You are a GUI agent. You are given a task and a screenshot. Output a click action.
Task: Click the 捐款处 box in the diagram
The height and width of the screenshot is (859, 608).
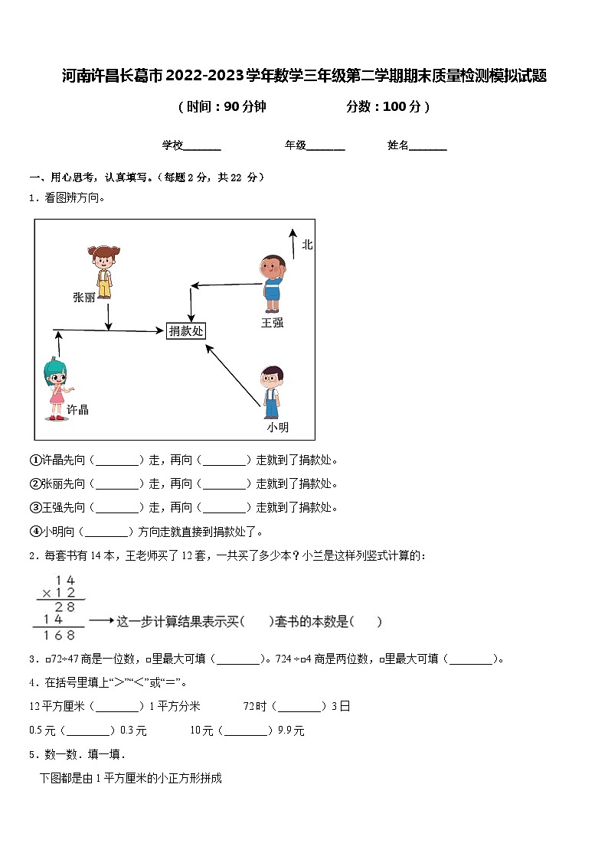point(186,330)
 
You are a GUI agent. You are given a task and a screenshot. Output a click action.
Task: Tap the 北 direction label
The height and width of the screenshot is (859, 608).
point(307,245)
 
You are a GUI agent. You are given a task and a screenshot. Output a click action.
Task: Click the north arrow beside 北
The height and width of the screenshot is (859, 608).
point(292,243)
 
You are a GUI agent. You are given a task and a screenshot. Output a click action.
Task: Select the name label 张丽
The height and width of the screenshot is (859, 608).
point(83,297)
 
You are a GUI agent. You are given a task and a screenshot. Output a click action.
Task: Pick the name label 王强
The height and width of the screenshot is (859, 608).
point(272,323)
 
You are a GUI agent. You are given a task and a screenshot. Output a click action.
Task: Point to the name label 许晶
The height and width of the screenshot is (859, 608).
point(77,409)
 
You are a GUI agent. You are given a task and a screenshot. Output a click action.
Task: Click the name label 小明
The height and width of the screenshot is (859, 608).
point(278,427)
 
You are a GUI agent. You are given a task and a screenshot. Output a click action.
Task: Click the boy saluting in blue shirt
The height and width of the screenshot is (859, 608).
point(272,283)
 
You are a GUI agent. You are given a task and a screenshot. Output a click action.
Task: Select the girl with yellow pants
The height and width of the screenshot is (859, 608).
point(103,272)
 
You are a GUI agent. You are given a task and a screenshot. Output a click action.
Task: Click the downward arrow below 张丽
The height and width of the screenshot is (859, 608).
point(108,316)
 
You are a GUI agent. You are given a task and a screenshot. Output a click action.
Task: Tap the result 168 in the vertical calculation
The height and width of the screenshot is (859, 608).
point(60,635)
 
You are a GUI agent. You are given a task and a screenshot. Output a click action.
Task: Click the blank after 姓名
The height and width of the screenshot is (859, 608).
point(428,145)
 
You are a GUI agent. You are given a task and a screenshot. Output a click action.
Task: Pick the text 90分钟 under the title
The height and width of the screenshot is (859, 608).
point(244,107)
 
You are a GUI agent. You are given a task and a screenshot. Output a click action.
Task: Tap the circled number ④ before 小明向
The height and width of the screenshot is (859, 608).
point(34,532)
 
